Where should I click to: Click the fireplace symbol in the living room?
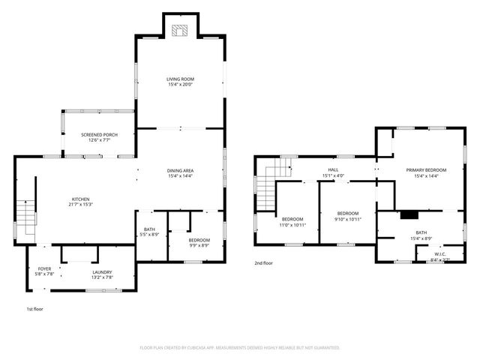click(x=180, y=31)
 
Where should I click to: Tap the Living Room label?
click(x=180, y=79)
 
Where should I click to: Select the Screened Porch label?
click(x=99, y=135)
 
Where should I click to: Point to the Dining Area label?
click(x=180, y=171)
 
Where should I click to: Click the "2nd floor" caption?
click(x=263, y=263)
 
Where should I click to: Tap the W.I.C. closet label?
click(x=440, y=255)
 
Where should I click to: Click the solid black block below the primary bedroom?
click(x=409, y=214)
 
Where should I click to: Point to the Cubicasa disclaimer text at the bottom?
click(x=240, y=348)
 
